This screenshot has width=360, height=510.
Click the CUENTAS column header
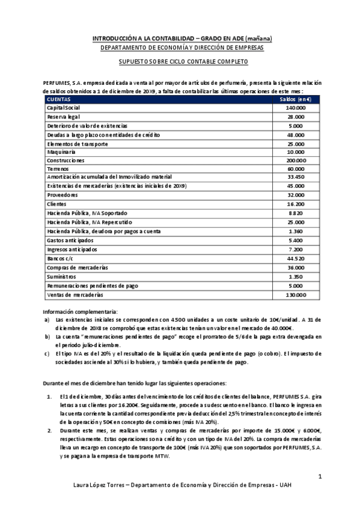tap(59, 99)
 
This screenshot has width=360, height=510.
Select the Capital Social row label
tap(63, 107)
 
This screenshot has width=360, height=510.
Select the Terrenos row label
tap(58, 170)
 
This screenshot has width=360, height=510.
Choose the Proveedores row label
tap(63, 196)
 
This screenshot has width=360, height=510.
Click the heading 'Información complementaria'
tap(79, 312)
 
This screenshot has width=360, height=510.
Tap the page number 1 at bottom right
tap(320, 477)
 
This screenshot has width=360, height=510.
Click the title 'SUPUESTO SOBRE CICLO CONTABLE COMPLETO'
tap(182, 62)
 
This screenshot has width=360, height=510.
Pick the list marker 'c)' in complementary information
tap(47, 354)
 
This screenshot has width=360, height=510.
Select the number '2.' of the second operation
tap(49, 432)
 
